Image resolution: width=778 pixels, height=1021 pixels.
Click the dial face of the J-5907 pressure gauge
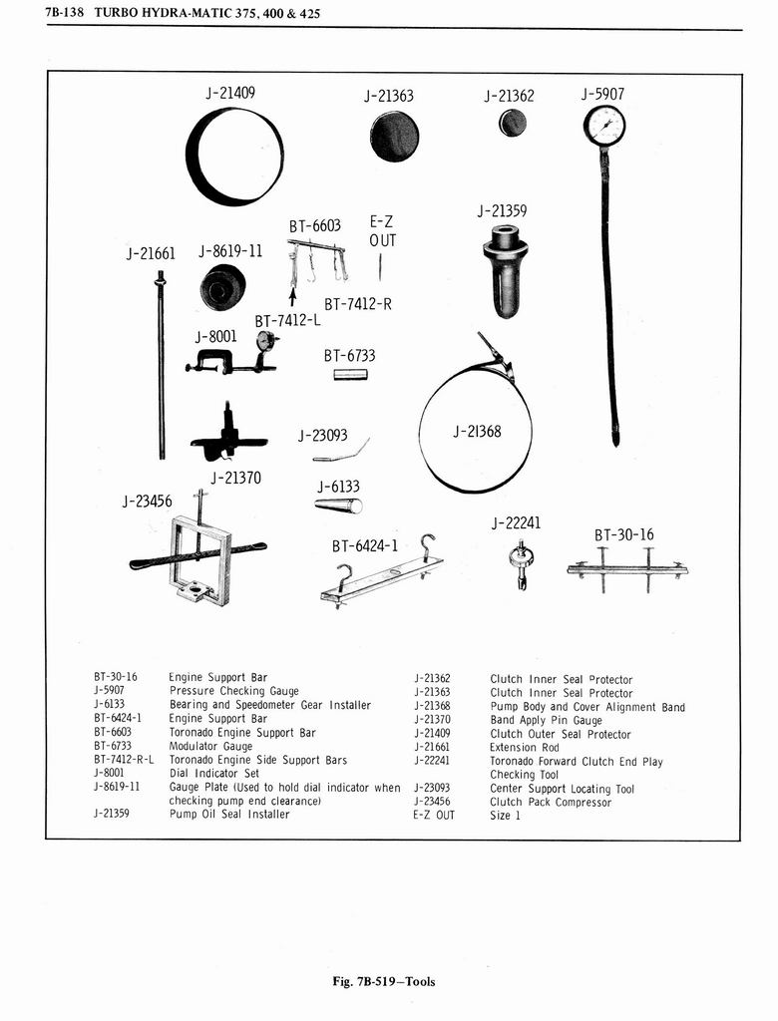(x=604, y=126)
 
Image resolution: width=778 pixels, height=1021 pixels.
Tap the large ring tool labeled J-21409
(x=235, y=157)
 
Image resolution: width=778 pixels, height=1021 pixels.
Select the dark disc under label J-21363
(x=394, y=137)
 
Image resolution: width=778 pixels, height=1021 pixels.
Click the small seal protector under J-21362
(x=513, y=123)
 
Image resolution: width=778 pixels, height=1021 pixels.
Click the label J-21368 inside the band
(x=477, y=432)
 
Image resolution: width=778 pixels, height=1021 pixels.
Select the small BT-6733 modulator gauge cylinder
(x=350, y=375)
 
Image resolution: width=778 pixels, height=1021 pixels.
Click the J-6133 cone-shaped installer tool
(x=339, y=506)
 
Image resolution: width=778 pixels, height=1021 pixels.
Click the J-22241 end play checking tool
(x=521, y=562)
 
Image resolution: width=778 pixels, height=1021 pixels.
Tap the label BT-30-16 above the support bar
(x=624, y=535)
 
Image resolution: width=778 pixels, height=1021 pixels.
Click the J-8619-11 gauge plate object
(x=221, y=287)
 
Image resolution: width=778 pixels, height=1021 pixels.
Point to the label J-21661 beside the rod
(x=151, y=253)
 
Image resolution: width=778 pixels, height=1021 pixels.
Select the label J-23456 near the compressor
(x=147, y=501)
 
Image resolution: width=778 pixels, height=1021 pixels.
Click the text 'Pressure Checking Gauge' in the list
(x=216, y=691)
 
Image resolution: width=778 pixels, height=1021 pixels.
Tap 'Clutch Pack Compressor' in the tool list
(x=550, y=803)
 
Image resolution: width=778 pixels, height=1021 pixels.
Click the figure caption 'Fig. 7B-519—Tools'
(x=384, y=981)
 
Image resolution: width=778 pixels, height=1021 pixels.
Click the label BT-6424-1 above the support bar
(x=365, y=545)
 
